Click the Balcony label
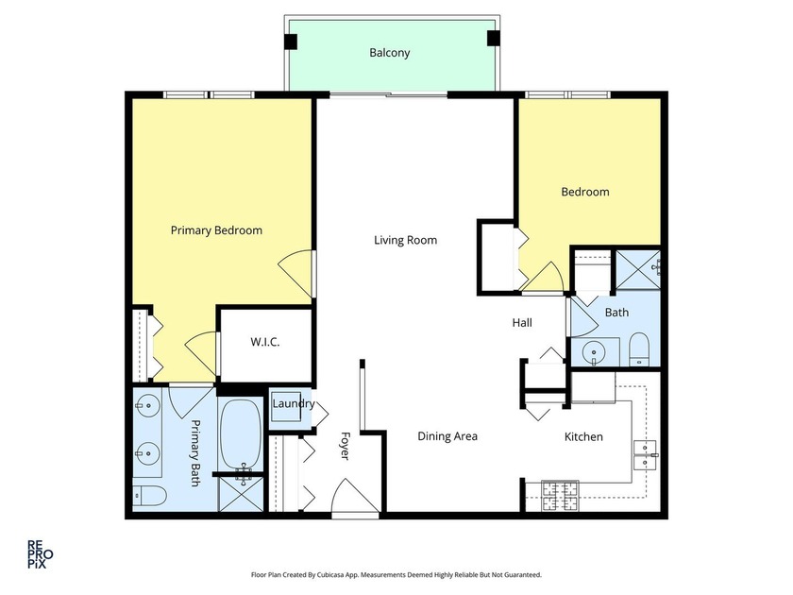pos(389,53)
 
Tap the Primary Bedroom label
pos(216,230)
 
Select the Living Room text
pos(405,240)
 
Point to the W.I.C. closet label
pos(264,342)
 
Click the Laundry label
pos(294,404)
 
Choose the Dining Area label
pos(447,436)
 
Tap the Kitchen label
pos(583,436)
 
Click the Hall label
pos(522,323)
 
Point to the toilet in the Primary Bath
pos(149,495)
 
